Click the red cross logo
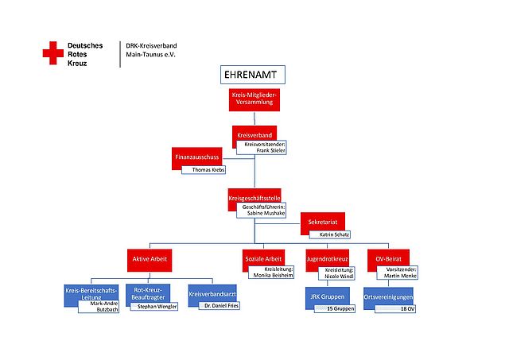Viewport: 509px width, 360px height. click(53, 54)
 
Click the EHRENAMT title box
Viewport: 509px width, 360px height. click(251, 75)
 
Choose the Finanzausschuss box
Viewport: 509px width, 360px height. click(196, 157)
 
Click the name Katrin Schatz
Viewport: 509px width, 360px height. click(333, 234)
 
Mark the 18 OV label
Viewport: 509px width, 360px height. click(407, 308)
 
